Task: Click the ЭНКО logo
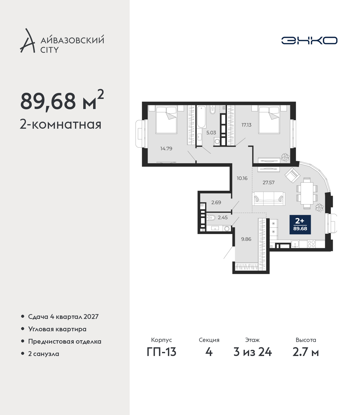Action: pyautogui.click(x=309, y=40)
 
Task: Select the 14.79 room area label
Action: pyautogui.click(x=166, y=149)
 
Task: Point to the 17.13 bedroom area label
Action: pyautogui.click(x=246, y=125)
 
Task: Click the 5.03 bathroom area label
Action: pyautogui.click(x=211, y=133)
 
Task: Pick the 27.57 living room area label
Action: pyautogui.click(x=269, y=183)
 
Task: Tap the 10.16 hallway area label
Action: pyautogui.click(x=242, y=178)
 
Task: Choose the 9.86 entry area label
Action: pyautogui.click(x=246, y=239)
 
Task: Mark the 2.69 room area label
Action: pyautogui.click(x=216, y=202)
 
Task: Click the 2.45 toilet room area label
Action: pyautogui.click(x=223, y=217)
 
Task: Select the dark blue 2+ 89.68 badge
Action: pyautogui.click(x=300, y=225)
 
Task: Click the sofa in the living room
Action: pyautogui.click(x=269, y=199)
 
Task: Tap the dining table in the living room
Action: pyautogui.click(x=307, y=193)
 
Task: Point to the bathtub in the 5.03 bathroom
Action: pyautogui.click(x=202, y=117)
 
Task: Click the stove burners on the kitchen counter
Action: pyautogui.click(x=311, y=244)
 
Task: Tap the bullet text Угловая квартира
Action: pyautogui.click(x=57, y=329)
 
